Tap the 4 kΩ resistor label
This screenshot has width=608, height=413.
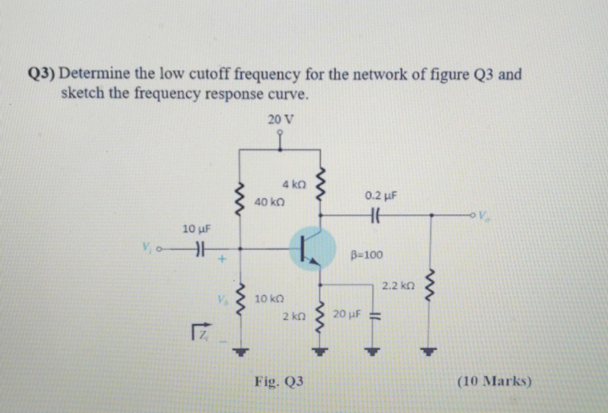click(294, 185)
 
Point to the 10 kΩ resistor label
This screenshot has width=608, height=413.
click(270, 297)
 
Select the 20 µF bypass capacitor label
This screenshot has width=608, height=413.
click(347, 313)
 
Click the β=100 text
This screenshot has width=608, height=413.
click(366, 255)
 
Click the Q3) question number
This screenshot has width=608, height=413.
click(43, 74)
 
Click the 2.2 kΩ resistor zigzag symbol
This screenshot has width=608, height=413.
click(432, 286)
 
